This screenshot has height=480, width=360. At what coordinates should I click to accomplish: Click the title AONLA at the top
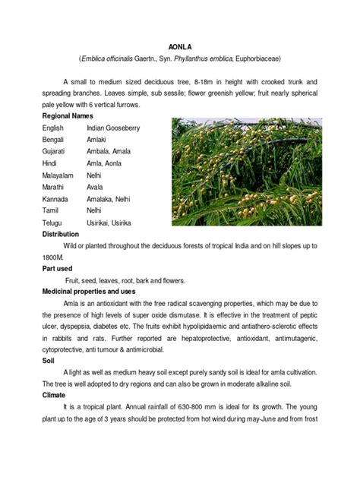tap(179, 46)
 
